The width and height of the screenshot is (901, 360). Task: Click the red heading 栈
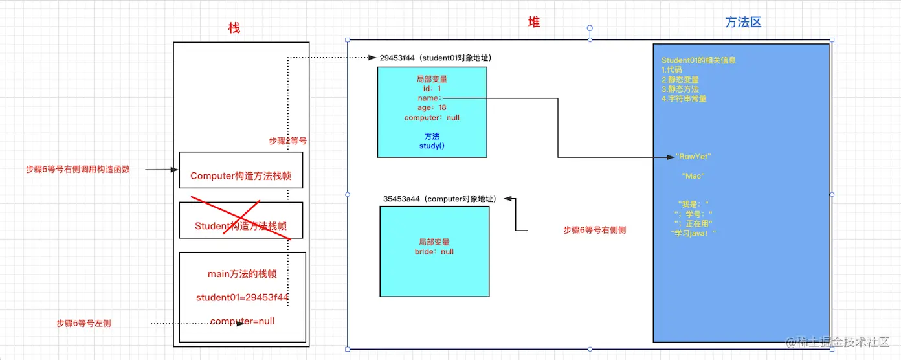click(234, 28)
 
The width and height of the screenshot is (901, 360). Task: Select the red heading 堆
click(534, 23)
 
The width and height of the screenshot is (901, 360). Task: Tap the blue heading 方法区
click(743, 23)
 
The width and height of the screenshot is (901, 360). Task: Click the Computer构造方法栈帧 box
click(241, 175)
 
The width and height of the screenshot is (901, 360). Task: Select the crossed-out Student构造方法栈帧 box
click(241, 226)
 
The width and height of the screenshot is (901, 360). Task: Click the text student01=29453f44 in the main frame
click(242, 297)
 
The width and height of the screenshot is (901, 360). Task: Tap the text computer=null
click(242, 321)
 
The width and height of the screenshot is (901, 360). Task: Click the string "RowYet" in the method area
click(693, 157)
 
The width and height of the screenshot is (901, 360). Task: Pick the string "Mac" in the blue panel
click(693, 176)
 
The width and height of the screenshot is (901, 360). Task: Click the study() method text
click(432, 146)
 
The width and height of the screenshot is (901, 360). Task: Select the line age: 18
click(432, 107)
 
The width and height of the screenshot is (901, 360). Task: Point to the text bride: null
click(434, 251)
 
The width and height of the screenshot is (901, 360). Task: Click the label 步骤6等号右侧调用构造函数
click(78, 170)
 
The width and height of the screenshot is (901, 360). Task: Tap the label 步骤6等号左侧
click(83, 323)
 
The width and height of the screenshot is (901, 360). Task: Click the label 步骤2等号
click(287, 141)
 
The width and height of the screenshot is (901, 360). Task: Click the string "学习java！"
click(695, 233)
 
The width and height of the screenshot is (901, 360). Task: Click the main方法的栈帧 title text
click(242, 274)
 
